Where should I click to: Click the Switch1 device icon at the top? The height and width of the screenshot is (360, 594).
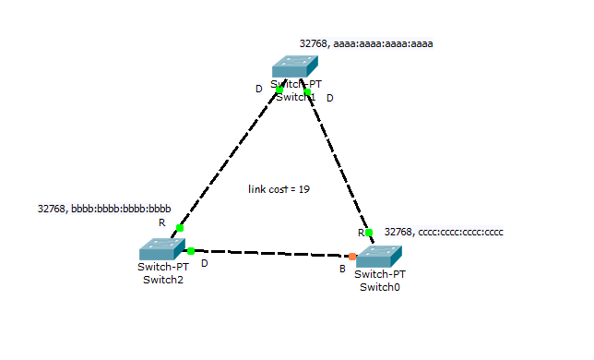coord(294,66)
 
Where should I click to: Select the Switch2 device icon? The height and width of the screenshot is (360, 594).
coord(162,249)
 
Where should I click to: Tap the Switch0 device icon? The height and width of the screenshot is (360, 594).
coord(379,257)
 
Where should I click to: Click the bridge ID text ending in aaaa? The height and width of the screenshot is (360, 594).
coord(366,43)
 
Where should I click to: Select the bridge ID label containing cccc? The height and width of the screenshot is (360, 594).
coord(444,232)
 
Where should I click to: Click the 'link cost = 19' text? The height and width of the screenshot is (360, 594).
coord(279,189)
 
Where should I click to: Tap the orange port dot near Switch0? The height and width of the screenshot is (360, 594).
coord(352,256)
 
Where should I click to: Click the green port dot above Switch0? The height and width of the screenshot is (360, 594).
coord(368,232)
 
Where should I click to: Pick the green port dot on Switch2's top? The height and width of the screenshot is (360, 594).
coord(180,227)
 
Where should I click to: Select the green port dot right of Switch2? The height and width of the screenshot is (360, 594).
coord(191,250)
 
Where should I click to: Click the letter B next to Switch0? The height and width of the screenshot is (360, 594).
coord(341,270)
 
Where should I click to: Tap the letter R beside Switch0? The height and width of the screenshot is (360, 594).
coord(362,233)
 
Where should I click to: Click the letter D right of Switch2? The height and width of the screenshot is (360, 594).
coord(205,263)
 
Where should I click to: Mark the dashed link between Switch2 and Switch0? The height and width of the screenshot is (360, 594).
coord(272,252)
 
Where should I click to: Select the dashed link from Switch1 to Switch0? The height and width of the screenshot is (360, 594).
coord(338,162)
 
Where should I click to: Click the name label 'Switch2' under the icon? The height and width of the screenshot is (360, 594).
coord(162,280)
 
